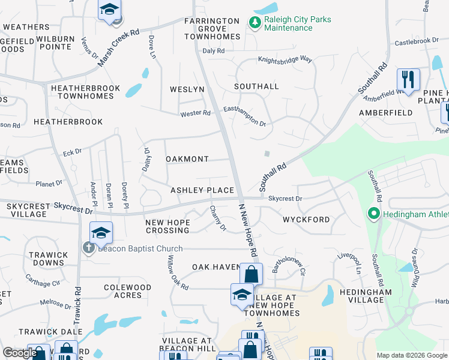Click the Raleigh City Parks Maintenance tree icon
click(x=254, y=22)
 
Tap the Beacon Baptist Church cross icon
click(x=89, y=248)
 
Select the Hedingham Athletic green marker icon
click(x=373, y=214)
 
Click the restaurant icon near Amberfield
click(x=408, y=79)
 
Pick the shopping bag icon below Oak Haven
click(x=251, y=275)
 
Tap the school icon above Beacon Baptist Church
click(x=101, y=232)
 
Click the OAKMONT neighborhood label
click(x=187, y=159)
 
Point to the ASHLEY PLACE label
click(x=202, y=190)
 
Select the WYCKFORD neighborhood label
click(x=306, y=220)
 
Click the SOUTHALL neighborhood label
click(x=256, y=86)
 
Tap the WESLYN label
click(x=187, y=89)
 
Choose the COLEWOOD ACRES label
click(x=127, y=291)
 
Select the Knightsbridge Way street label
click(x=285, y=60)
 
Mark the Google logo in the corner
click(x=20, y=353)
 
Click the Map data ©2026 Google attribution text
click(x=411, y=355)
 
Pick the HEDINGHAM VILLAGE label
click(x=369, y=296)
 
